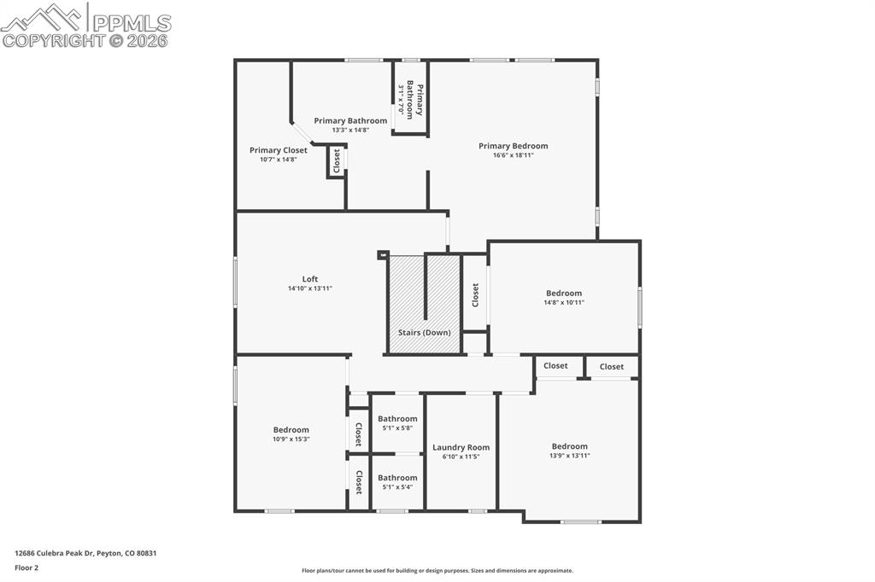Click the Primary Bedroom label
(x=513, y=146)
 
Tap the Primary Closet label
(x=279, y=150)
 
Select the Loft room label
(x=309, y=279)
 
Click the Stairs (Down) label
(x=424, y=333)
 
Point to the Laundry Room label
(x=461, y=447)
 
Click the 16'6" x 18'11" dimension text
(x=513, y=155)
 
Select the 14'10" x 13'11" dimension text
(x=309, y=288)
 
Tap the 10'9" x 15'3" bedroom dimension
(x=291, y=439)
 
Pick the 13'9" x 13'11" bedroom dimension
(x=569, y=456)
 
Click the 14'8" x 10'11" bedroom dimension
(x=564, y=302)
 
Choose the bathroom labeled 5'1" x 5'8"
(x=397, y=423)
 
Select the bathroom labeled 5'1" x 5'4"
(x=397, y=482)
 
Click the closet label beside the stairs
(x=475, y=295)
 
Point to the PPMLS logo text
(x=130, y=23)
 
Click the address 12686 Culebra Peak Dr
(x=85, y=553)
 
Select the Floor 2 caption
(x=26, y=567)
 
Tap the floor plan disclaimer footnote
(x=437, y=571)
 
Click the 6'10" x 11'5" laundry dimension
(x=461, y=457)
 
